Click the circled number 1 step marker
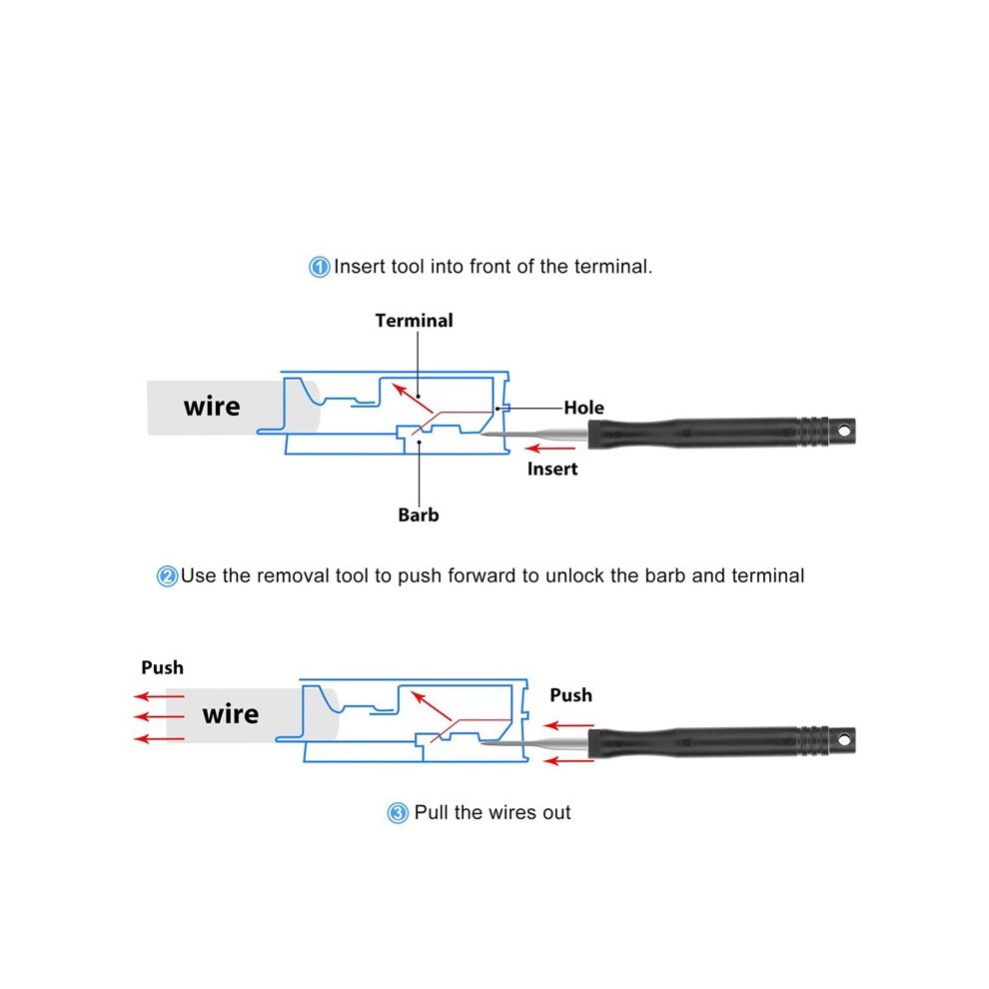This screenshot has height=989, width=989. (x=319, y=267)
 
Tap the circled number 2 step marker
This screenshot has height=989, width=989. (x=167, y=575)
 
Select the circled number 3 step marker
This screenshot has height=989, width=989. (x=398, y=813)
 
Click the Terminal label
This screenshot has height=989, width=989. (x=414, y=321)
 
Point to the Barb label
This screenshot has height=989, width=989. (x=419, y=514)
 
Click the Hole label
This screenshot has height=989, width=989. (x=584, y=408)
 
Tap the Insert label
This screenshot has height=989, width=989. (x=552, y=469)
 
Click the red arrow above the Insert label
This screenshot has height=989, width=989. (x=550, y=449)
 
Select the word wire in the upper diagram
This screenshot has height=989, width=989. (x=212, y=407)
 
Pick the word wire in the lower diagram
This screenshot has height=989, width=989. (x=230, y=714)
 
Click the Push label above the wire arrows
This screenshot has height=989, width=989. (x=162, y=667)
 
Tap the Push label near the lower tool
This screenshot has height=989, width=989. (x=570, y=695)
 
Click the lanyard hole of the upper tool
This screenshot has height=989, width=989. (x=844, y=431)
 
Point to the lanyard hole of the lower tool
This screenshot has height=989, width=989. (x=844, y=739)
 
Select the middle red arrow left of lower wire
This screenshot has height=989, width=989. (x=159, y=717)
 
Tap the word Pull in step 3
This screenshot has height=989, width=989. (x=432, y=812)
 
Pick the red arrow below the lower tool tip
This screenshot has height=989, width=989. (x=569, y=761)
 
